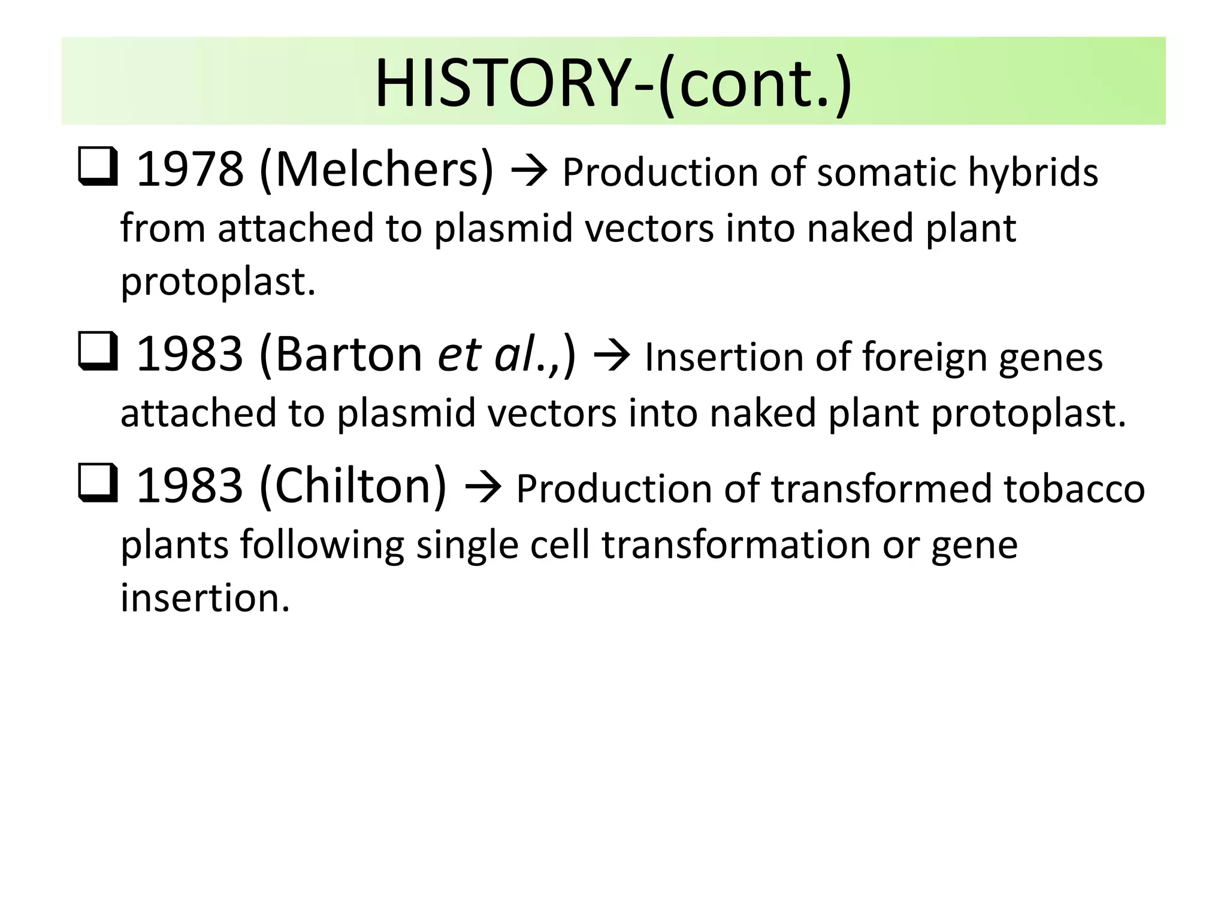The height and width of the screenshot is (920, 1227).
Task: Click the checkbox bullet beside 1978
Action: point(97,168)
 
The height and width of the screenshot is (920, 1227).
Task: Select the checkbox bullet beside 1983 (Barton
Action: point(97,352)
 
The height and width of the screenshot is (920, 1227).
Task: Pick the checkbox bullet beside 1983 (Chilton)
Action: point(97,484)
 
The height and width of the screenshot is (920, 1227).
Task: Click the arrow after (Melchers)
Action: point(529,172)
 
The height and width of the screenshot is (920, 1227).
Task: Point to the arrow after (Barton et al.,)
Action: point(611,356)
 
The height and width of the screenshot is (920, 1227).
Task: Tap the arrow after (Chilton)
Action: point(482,488)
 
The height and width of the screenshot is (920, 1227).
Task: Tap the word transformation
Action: point(735,545)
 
